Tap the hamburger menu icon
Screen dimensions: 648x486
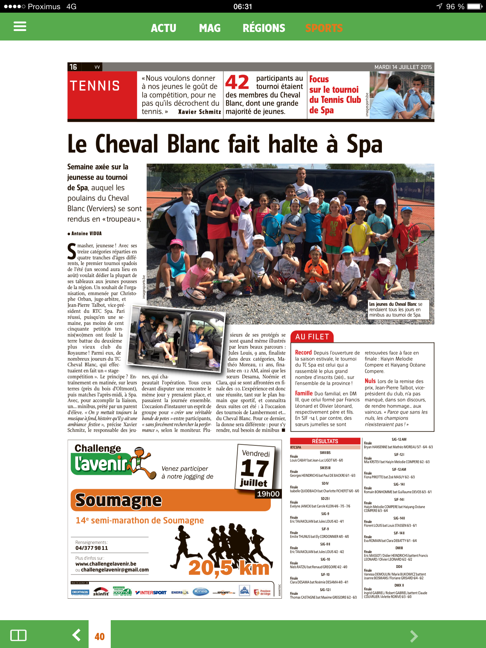coord(20,26)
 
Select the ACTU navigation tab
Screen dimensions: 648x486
coord(163,28)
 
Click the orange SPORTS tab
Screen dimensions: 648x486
coord(324,28)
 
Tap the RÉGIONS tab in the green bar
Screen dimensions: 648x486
coord(264,28)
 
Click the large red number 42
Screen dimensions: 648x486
coord(237,82)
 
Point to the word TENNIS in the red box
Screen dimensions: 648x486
coord(95,86)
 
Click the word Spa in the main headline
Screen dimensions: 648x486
coord(364,144)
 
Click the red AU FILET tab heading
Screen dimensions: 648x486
coord(312,337)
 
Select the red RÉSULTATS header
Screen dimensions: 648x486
coord(325,441)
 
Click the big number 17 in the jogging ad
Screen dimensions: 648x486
coord(254,469)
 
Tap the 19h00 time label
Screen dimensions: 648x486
coord(268,494)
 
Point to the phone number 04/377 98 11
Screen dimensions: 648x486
coord(91,548)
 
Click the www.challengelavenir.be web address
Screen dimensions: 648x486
coord(106,564)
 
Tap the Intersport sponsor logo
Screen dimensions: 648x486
coord(151,592)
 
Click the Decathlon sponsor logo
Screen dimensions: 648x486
coord(80,592)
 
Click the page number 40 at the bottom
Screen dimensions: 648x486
coord(100,636)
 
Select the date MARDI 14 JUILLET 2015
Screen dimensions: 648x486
coord(403,67)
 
